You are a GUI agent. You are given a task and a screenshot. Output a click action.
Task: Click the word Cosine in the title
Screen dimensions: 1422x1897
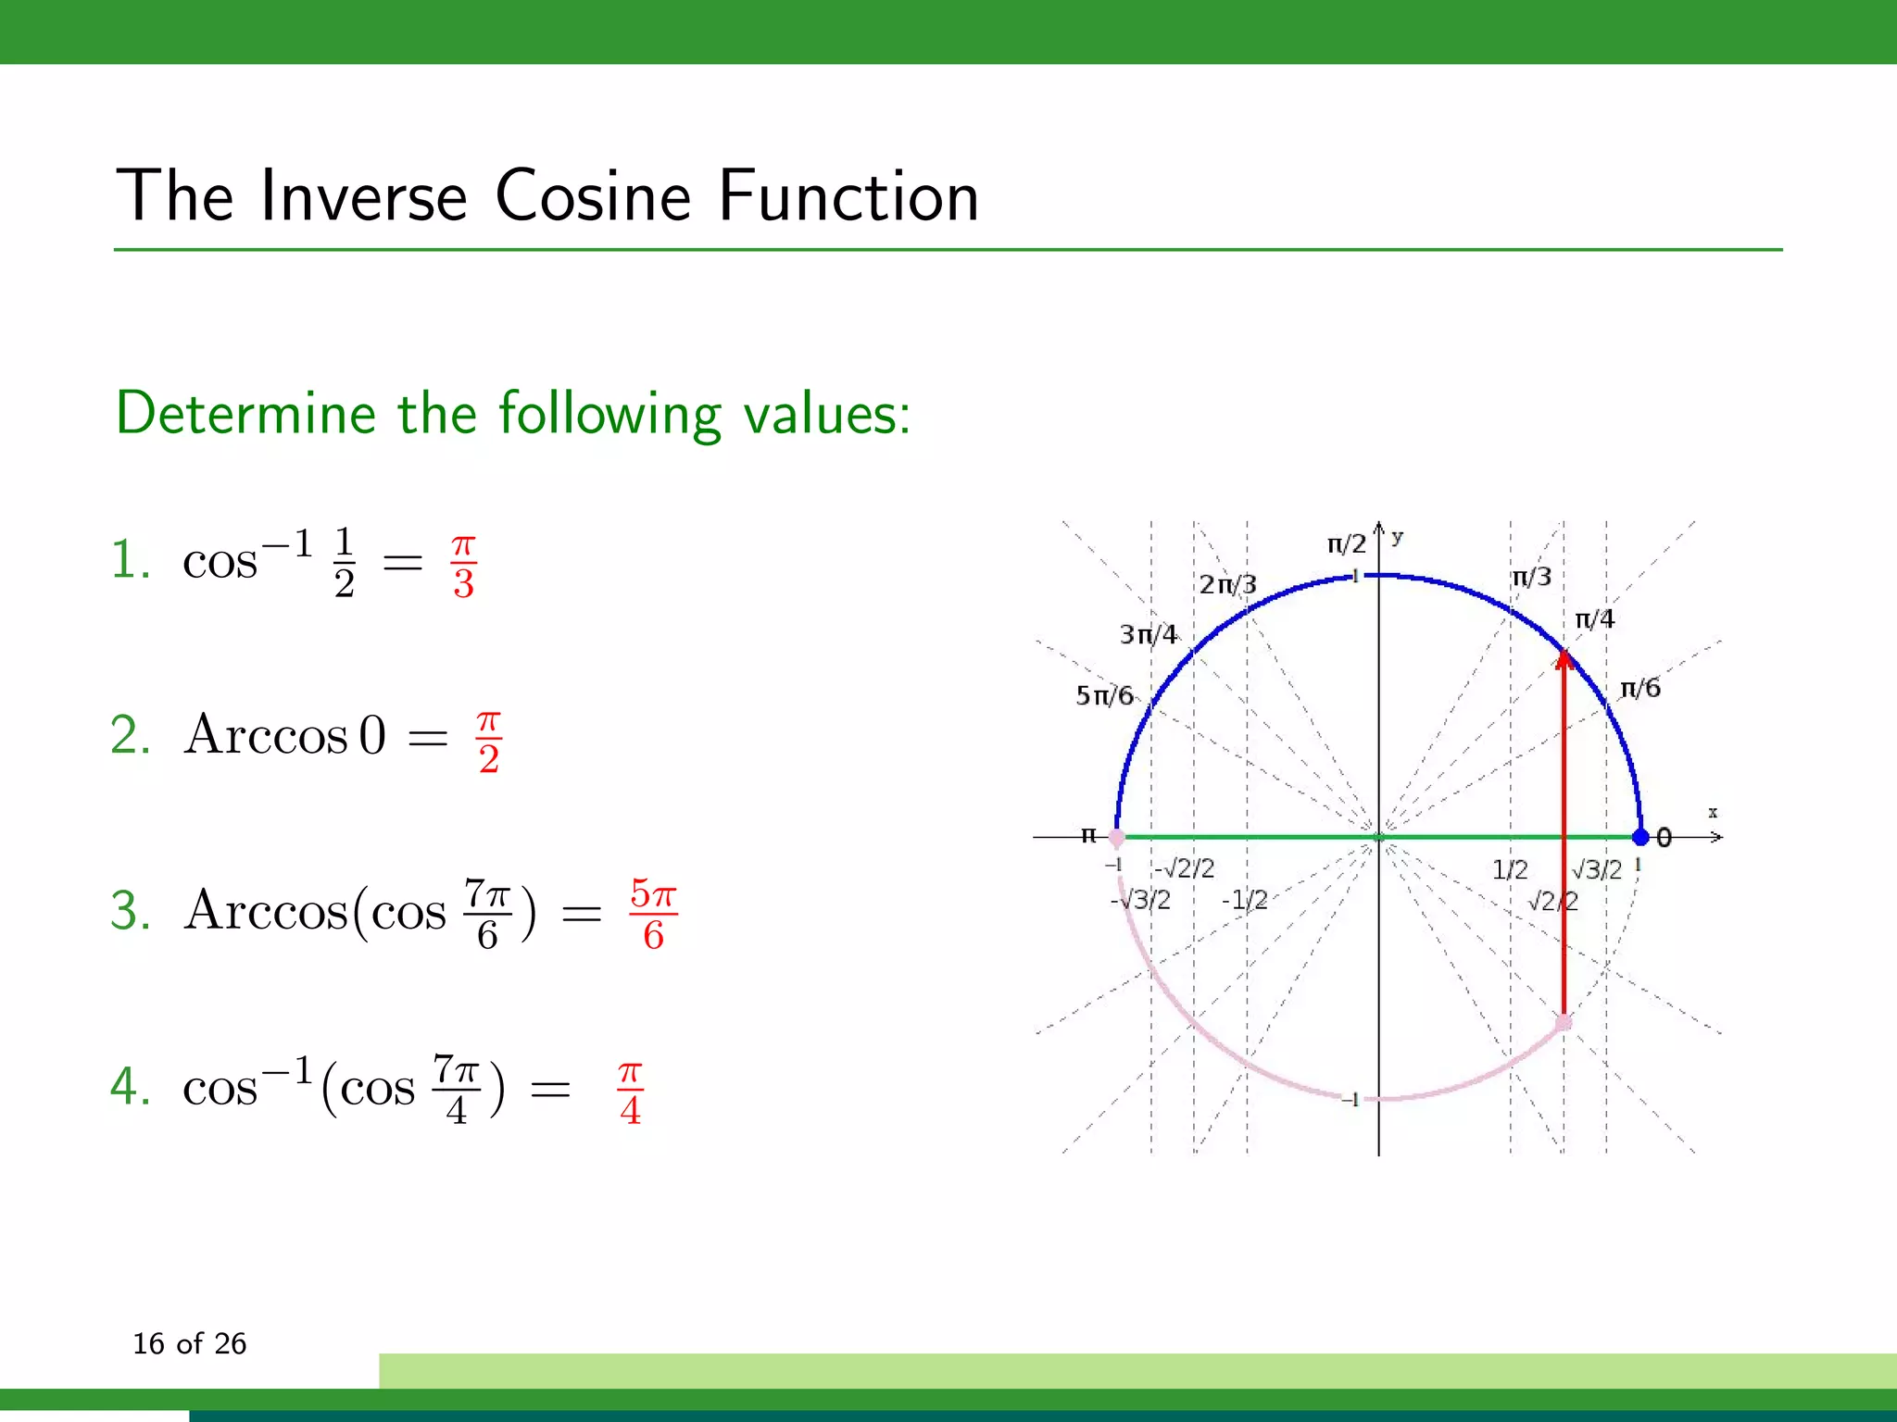pos(593,196)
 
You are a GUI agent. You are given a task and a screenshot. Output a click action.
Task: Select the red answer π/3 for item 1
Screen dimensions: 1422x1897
pos(464,566)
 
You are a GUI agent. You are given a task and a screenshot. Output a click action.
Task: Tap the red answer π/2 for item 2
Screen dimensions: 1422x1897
pos(489,741)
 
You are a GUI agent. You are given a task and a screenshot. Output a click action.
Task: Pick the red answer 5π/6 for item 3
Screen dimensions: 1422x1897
pos(653,914)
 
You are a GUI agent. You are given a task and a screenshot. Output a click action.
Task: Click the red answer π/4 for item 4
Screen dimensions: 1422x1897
pos(630,1092)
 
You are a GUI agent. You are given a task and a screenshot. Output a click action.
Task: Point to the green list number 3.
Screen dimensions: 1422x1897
pos(130,911)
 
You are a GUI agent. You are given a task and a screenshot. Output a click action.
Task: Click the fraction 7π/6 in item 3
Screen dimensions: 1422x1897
pos(487,914)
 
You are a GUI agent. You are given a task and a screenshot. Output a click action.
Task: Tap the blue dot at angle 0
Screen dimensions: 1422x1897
pos(1640,837)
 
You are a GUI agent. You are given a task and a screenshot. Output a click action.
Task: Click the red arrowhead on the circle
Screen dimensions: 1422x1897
pos(1564,659)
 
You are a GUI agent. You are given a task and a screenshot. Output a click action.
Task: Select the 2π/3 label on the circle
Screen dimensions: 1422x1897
pos(1227,585)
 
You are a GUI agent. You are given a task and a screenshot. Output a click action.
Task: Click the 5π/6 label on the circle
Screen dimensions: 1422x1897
pos(1104,695)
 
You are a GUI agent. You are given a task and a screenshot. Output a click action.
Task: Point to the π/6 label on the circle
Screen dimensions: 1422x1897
pos(1639,688)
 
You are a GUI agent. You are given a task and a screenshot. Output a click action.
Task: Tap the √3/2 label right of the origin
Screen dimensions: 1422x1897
pos(1598,869)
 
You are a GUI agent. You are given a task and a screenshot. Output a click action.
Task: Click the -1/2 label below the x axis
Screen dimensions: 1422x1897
pos(1244,900)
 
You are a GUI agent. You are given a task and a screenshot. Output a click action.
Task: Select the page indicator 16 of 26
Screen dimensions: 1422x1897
pos(190,1343)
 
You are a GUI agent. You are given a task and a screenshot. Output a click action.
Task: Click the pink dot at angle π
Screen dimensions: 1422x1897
pos(1117,838)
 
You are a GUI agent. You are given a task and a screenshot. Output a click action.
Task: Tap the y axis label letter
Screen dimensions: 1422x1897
pos(1397,537)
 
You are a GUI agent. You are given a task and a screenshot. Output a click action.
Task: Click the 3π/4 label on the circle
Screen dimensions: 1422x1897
pos(1149,634)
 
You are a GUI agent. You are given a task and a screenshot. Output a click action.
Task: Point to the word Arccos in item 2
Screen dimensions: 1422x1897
pos(266,736)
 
